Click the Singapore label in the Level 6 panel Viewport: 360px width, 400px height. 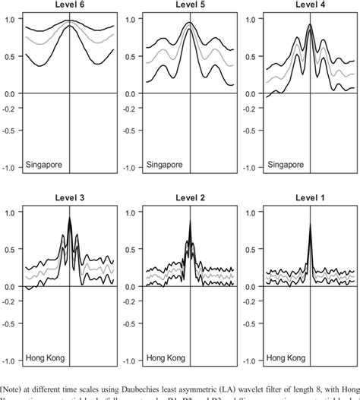click(x=44, y=163)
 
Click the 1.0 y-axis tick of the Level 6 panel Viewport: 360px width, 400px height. click(x=10, y=18)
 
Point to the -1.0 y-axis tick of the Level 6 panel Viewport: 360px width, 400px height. click(x=9, y=168)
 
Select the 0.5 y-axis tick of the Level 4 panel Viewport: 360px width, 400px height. click(x=248, y=55)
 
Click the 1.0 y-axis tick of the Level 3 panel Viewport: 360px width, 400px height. click(x=10, y=213)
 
